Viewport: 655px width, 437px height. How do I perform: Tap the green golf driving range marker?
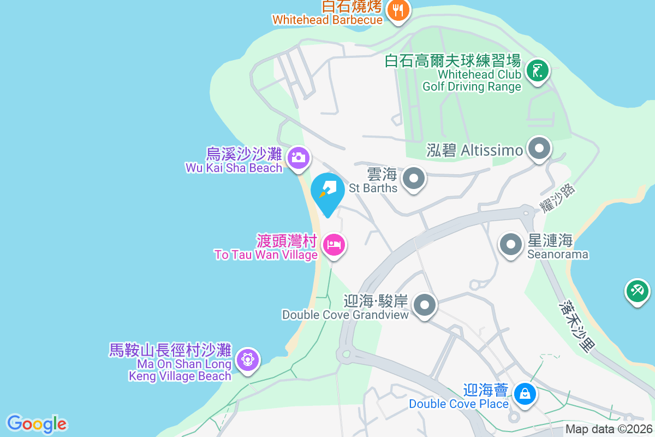(538, 72)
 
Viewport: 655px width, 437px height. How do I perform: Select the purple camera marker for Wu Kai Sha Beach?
(298, 158)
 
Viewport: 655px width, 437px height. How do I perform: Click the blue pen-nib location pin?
(327, 191)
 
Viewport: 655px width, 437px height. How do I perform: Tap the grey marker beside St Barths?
(414, 178)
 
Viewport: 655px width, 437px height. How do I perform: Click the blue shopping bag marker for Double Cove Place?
(525, 393)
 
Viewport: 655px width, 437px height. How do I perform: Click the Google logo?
(37, 424)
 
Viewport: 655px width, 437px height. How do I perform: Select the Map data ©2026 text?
(609, 429)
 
